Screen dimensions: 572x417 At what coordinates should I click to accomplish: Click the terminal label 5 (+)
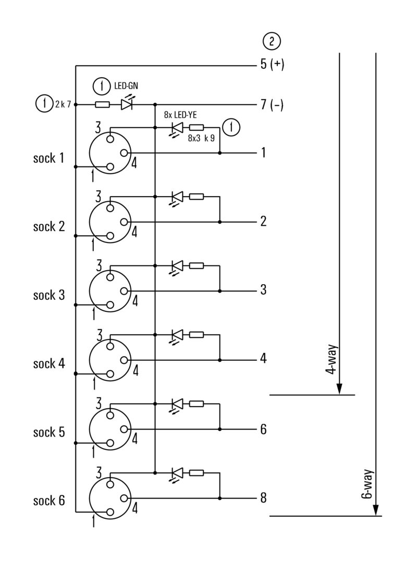point(272,65)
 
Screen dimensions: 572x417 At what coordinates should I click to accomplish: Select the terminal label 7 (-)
point(272,104)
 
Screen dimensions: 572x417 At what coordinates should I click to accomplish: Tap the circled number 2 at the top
point(272,41)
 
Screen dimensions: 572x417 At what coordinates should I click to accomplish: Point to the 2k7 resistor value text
point(63,104)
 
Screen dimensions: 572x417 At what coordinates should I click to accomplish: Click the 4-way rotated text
point(330,360)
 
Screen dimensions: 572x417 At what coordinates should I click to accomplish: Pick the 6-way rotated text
point(366,485)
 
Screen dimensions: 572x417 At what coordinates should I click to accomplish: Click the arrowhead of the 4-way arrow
point(339,389)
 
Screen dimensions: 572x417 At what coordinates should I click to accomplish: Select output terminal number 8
point(263,498)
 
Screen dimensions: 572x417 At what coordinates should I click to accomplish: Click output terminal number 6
point(263,429)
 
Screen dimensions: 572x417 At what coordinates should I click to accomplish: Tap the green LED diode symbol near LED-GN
point(127,105)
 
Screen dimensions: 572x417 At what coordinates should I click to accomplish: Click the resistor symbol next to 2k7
point(103,105)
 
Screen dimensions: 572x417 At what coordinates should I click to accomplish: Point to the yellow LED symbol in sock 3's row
point(177,265)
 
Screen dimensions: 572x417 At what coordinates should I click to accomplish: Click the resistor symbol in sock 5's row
point(197,403)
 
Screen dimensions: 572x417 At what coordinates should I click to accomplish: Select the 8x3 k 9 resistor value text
point(201,139)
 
